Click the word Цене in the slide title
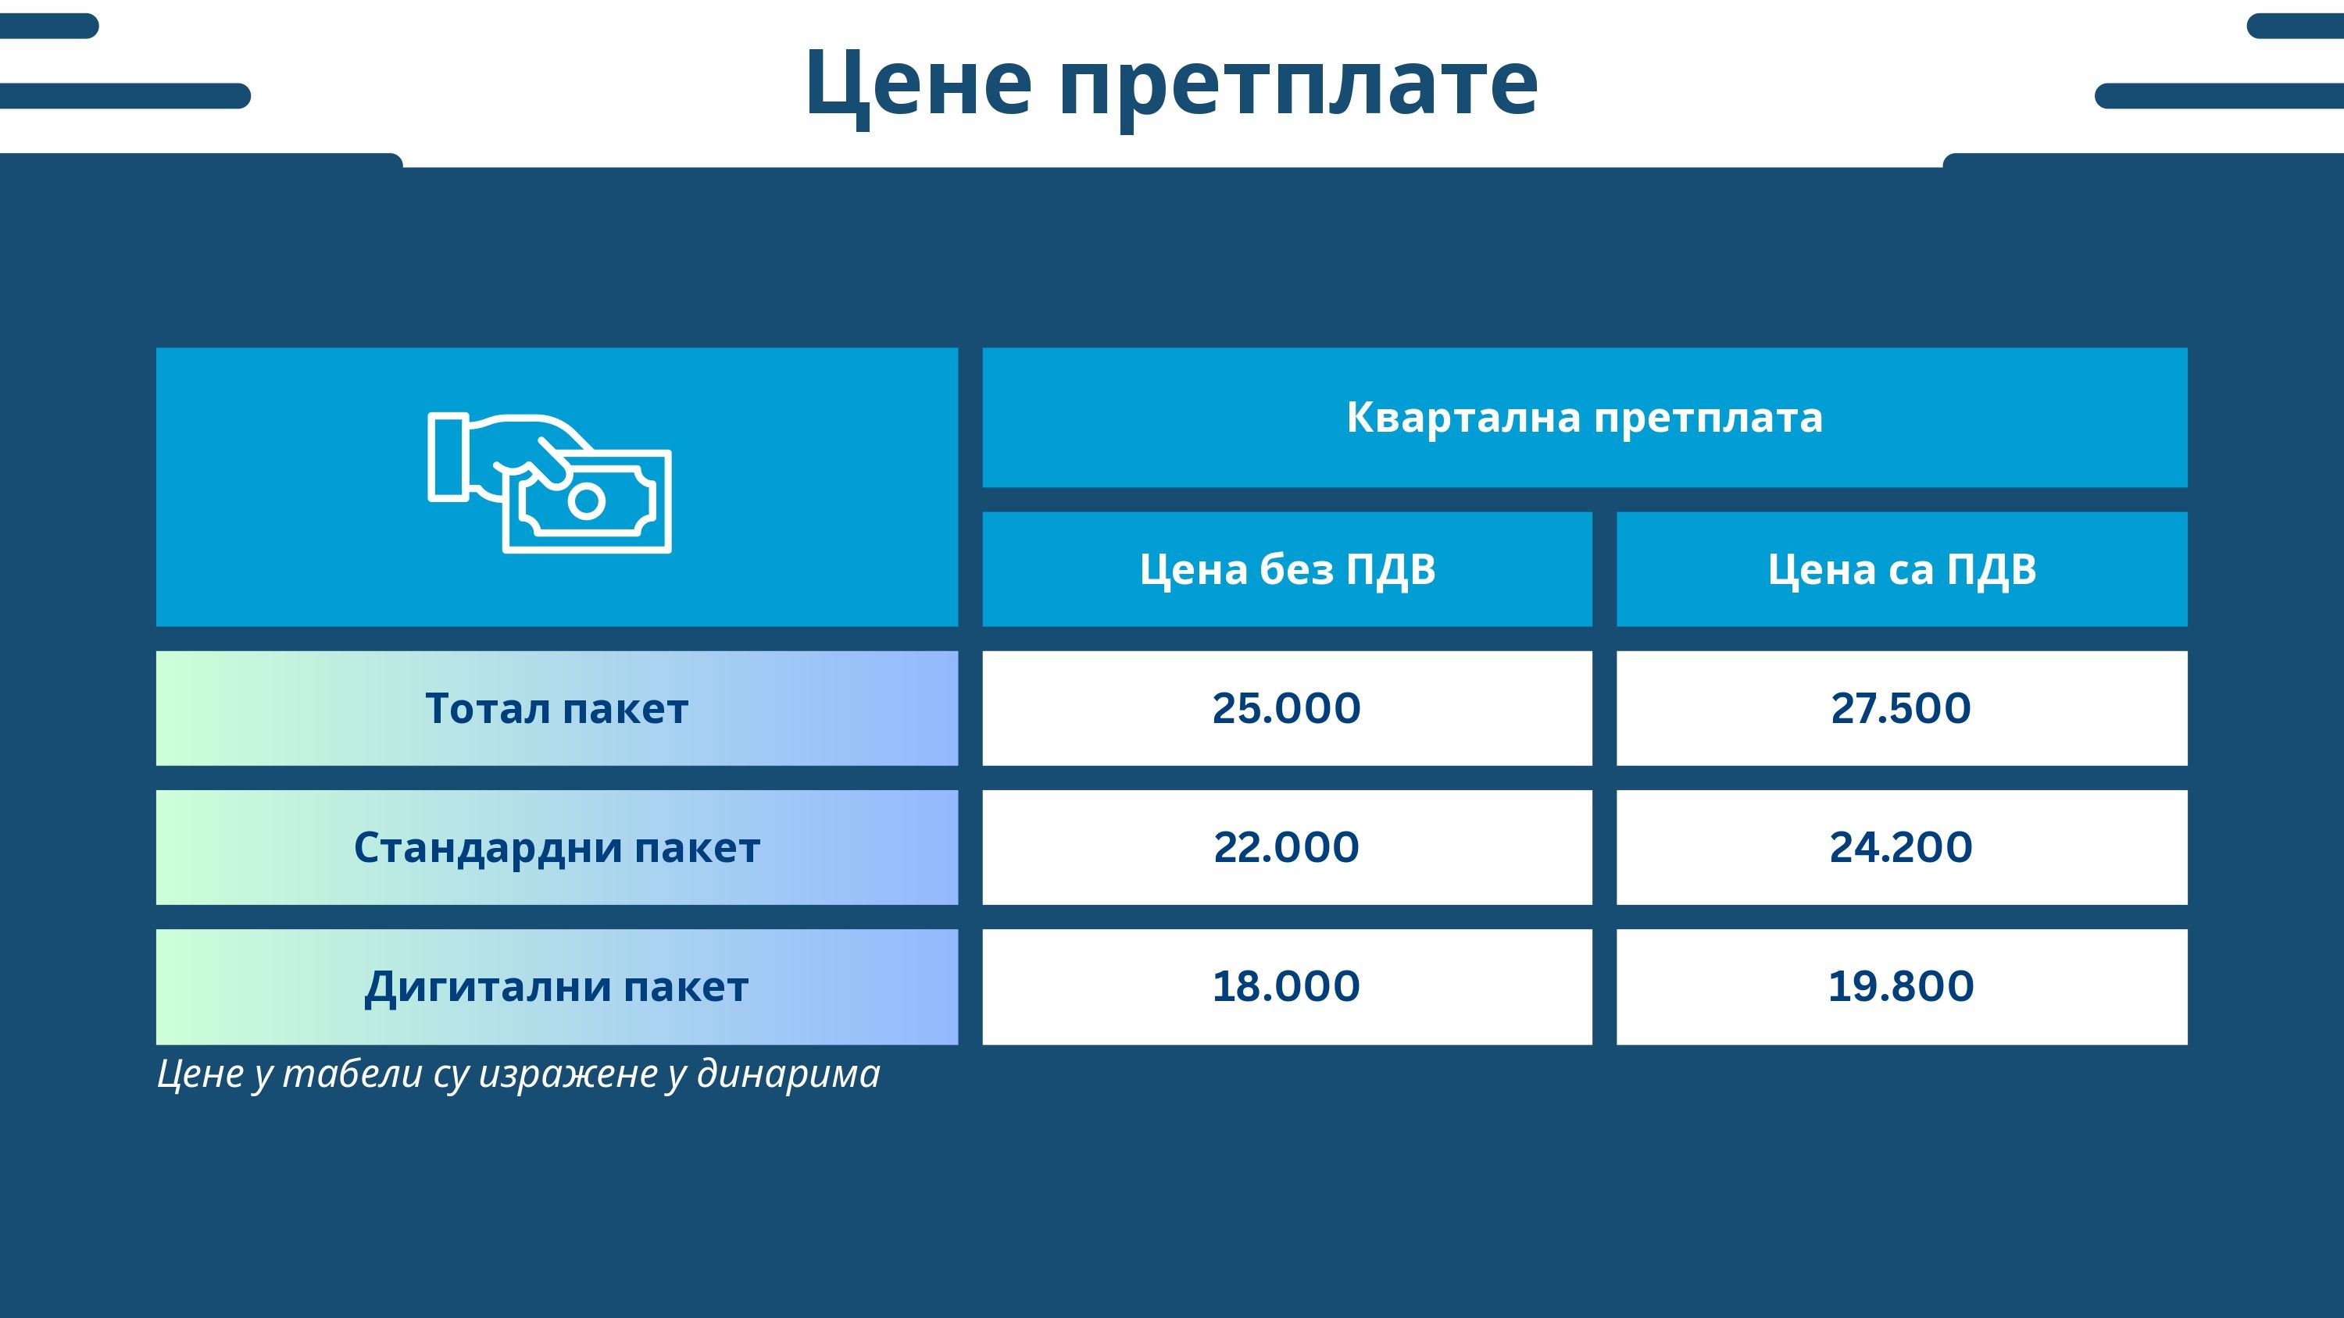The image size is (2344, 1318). coord(918,84)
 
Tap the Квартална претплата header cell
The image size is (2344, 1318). coord(1585,418)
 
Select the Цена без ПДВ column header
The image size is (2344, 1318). coord(1288,569)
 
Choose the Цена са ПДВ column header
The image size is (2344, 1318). coord(1902,569)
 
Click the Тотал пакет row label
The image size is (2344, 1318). coord(557,708)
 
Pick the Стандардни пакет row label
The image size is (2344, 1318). coord(557,848)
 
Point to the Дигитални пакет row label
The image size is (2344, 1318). coord(557,987)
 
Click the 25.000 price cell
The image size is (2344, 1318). coord(1288,708)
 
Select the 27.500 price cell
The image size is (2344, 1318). coord(1902,708)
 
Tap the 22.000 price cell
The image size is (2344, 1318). coord(1288,848)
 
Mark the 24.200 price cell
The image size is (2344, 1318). coord(1902,848)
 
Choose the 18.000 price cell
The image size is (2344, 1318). coord(1288,987)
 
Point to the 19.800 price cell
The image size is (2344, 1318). coord(1902,987)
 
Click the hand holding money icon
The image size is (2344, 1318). coord(549,482)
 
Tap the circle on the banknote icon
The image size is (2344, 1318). coord(587,500)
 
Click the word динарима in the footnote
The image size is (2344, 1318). coord(789,1074)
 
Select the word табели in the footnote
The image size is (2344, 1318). coord(352,1074)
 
